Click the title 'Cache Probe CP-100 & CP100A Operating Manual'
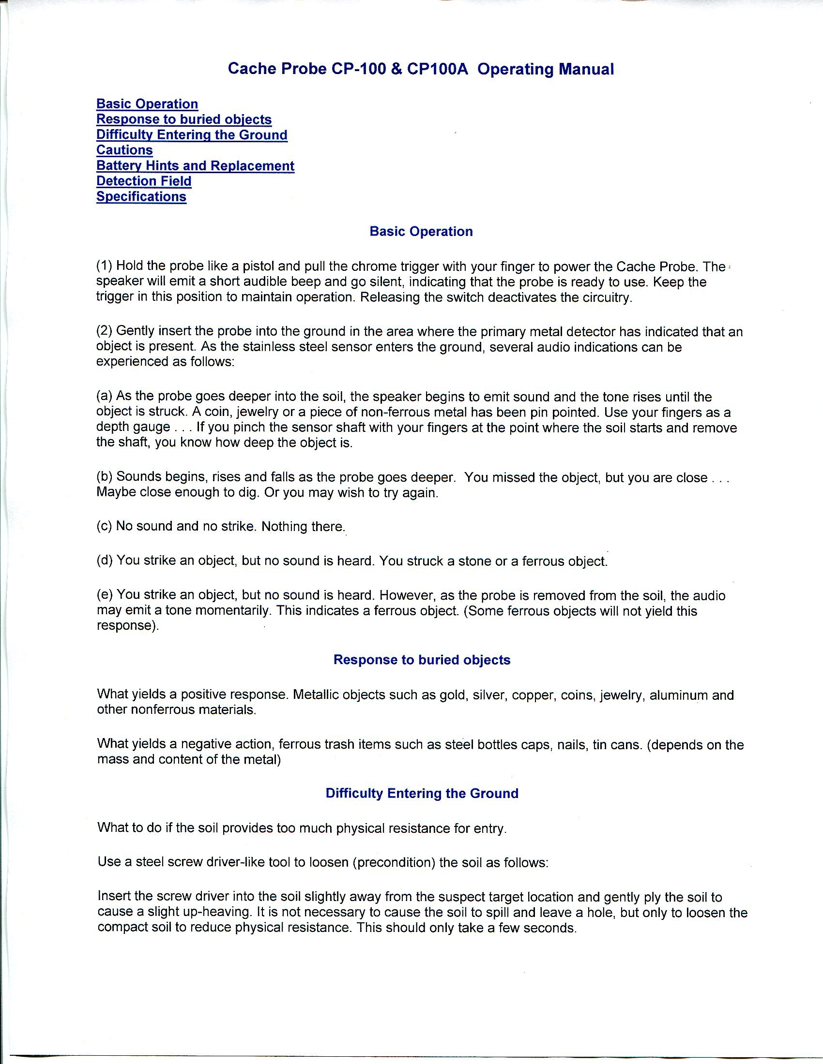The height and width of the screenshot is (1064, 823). coord(421,69)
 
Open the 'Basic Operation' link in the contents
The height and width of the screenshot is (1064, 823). coord(147,104)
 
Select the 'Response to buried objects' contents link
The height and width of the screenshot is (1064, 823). coord(184,119)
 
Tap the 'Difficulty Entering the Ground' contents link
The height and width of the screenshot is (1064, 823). coord(192,135)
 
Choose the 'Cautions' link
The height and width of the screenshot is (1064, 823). coord(124,150)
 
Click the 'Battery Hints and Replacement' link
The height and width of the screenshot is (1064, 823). coord(195,165)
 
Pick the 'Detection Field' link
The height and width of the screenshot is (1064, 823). coord(144,181)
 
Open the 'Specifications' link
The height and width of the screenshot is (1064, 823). coord(141,197)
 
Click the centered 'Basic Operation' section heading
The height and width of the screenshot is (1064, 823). coord(421,231)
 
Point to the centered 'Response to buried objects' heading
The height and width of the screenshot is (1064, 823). coord(422,660)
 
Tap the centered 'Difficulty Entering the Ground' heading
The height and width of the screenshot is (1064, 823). coord(422,794)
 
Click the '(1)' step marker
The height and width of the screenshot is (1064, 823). coord(105,266)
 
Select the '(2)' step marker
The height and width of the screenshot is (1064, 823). coord(105,332)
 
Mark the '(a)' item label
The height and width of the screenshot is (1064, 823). coord(105,397)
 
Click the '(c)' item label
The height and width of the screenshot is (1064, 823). coord(105,527)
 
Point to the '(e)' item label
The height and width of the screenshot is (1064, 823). coord(105,596)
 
